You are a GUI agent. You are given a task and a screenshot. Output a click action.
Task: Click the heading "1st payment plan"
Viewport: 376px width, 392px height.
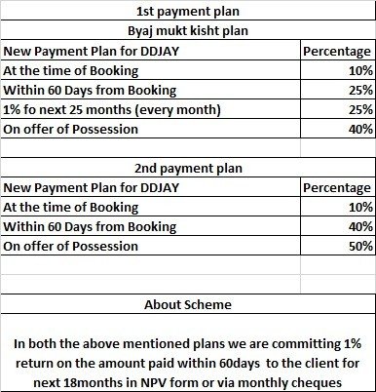click(x=187, y=13)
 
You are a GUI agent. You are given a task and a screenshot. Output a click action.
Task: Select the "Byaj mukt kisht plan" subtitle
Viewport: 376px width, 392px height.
click(x=187, y=31)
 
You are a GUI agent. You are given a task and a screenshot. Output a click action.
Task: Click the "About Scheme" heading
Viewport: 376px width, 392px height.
click(x=187, y=304)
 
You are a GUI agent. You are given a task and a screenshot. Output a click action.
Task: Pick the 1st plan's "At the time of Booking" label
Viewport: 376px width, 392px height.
click(x=70, y=69)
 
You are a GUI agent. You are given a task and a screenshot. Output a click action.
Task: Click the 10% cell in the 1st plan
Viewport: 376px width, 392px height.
click(x=357, y=69)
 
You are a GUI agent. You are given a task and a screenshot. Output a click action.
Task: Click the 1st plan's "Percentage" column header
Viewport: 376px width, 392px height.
click(x=335, y=51)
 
